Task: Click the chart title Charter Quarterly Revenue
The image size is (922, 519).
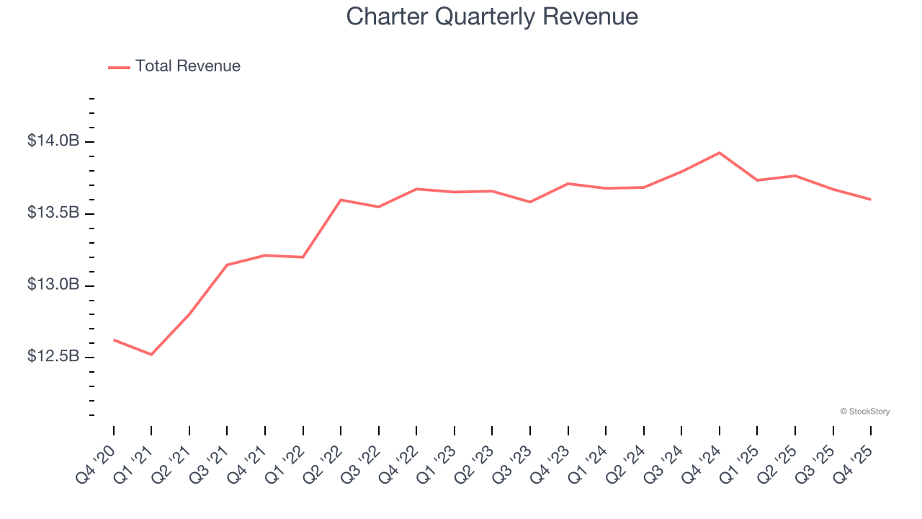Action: pyautogui.click(x=492, y=17)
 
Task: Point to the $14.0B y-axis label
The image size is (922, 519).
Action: pyautogui.click(x=53, y=141)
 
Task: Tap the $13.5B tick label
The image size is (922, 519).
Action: pyautogui.click(x=53, y=213)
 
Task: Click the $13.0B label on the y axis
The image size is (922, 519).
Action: pyautogui.click(x=53, y=285)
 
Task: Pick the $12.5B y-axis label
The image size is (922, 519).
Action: pyautogui.click(x=53, y=357)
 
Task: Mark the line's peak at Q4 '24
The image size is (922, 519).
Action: pyautogui.click(x=720, y=153)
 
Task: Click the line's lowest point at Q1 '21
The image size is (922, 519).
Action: pyautogui.click(x=151, y=355)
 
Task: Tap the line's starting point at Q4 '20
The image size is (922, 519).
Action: pyautogui.click(x=114, y=340)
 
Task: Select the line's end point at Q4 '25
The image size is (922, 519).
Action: pyautogui.click(x=871, y=200)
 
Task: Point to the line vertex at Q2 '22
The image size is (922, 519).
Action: pyautogui.click(x=341, y=200)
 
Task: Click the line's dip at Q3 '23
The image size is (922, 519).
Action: pyautogui.click(x=530, y=202)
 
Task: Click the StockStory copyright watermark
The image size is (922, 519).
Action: pyautogui.click(x=864, y=412)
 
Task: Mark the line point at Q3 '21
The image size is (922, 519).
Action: pyautogui.click(x=227, y=265)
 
